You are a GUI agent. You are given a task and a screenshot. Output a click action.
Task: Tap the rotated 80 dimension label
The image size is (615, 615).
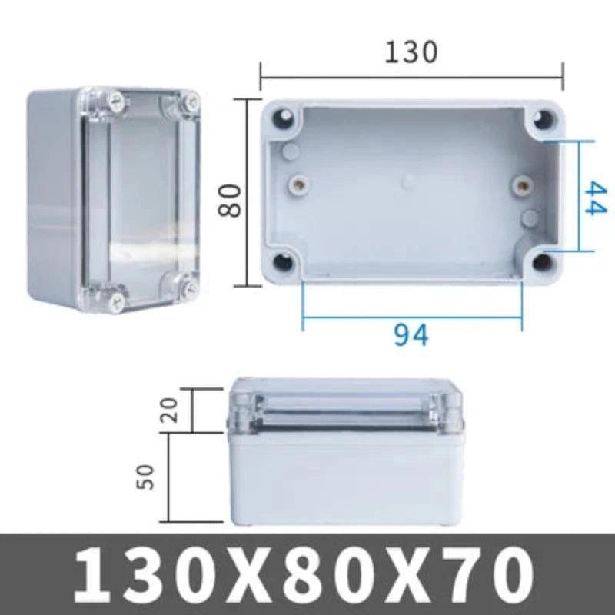click(231, 200)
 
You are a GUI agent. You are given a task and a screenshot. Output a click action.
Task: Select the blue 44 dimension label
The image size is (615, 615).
click(595, 198)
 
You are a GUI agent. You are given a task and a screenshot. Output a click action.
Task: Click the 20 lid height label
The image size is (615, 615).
click(171, 411)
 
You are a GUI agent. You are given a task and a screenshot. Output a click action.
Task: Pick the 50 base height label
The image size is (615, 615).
click(148, 476)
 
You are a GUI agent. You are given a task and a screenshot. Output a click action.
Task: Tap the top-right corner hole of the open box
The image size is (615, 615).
click(544, 120)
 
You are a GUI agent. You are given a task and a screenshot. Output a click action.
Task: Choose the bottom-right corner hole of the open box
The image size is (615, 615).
click(544, 262)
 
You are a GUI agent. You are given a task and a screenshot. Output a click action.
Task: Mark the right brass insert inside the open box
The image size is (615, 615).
click(523, 184)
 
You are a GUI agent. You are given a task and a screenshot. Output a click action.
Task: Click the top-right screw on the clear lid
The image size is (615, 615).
click(188, 101)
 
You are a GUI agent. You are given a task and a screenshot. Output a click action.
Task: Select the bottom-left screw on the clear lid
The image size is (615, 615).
click(118, 294)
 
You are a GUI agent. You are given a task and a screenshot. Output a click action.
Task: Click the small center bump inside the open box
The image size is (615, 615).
click(408, 182)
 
